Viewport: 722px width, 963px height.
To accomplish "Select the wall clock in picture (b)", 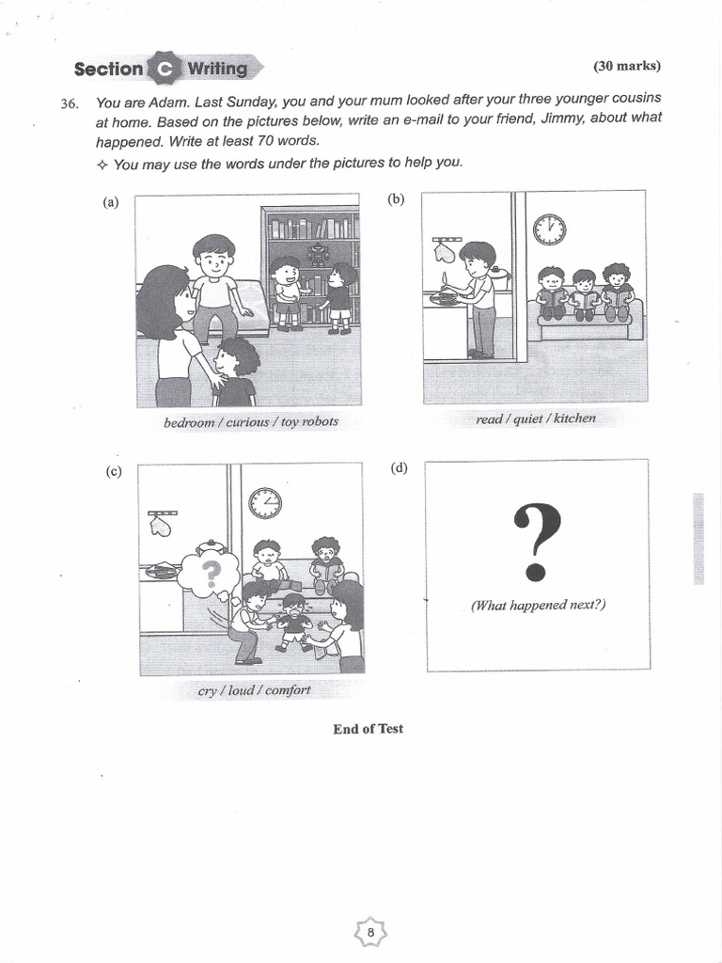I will click(x=549, y=229).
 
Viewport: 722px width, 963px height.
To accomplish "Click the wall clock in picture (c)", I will click(x=265, y=503).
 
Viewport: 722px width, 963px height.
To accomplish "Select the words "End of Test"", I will click(x=368, y=729).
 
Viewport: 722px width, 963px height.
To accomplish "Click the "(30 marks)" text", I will click(x=627, y=66).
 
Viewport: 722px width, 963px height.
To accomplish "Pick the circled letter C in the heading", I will click(x=165, y=69).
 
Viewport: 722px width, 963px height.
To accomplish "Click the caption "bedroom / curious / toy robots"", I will click(x=250, y=422).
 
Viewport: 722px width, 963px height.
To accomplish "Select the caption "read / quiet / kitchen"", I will click(x=536, y=418).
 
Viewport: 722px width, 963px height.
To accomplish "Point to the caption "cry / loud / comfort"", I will click(x=254, y=690).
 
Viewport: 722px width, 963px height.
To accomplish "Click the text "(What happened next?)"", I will click(x=539, y=605).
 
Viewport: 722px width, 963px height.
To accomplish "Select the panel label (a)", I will click(x=112, y=202).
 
